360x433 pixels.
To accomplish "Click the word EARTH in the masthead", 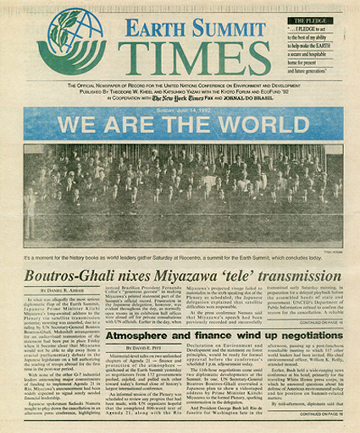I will coord(151,29).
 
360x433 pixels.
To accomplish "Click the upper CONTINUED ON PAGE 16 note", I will coord(320,322).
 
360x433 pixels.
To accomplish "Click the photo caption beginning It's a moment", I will coord(173,257).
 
